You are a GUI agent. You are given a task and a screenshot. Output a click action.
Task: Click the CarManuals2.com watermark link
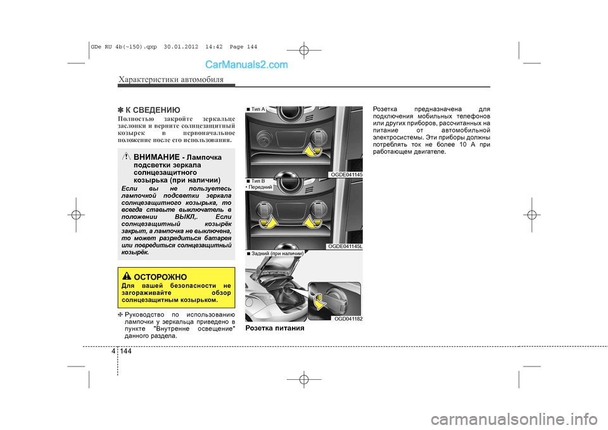[x=246, y=65]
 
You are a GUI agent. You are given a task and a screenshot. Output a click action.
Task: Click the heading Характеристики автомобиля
[x=171, y=79]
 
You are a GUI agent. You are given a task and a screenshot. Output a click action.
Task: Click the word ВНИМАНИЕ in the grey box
[x=156, y=157]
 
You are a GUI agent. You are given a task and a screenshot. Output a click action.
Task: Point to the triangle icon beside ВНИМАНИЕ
[x=127, y=157]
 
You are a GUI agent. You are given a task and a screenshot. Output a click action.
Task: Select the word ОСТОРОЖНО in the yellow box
[x=160, y=277]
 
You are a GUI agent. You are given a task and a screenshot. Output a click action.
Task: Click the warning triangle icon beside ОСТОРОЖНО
[x=127, y=276]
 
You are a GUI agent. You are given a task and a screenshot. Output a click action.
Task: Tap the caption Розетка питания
[x=275, y=328]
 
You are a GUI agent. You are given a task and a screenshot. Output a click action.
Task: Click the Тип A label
[x=256, y=109]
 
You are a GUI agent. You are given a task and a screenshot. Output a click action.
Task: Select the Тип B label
[x=256, y=181]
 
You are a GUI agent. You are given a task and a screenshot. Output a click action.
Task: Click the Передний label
[x=259, y=187]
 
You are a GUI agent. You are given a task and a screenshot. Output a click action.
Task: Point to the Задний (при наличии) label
[x=275, y=253]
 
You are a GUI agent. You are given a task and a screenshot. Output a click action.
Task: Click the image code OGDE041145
[x=346, y=175]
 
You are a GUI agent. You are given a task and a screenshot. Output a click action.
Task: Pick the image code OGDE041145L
[x=345, y=246]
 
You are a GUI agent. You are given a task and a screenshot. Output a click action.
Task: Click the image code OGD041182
[x=348, y=319]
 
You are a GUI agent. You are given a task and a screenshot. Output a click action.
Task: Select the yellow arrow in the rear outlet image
[x=320, y=301]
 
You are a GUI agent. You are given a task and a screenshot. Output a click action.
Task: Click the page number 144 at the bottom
[x=125, y=351]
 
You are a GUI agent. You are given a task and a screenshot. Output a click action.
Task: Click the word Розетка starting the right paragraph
[x=385, y=109]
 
